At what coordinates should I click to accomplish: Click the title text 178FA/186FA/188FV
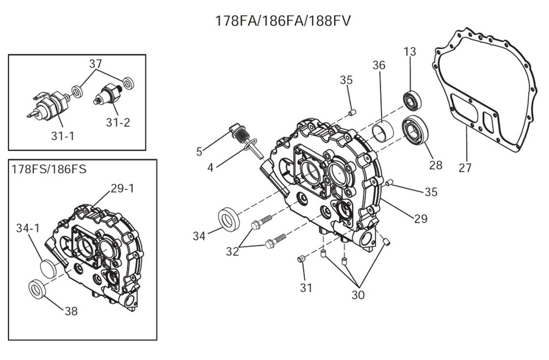283,21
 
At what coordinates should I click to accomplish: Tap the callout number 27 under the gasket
465,167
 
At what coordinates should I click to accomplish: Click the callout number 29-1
122,188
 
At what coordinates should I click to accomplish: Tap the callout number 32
232,251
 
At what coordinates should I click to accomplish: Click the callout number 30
358,294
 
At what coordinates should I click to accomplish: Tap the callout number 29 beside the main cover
421,219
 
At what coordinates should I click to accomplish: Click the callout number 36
379,65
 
